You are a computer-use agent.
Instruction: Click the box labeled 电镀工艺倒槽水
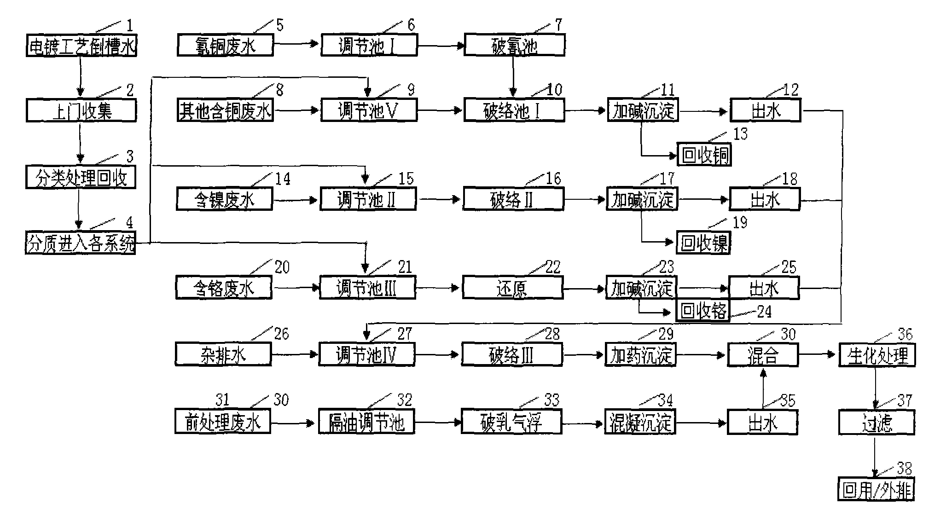(x=81, y=46)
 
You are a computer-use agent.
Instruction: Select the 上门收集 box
(x=81, y=111)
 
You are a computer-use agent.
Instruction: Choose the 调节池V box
(x=369, y=111)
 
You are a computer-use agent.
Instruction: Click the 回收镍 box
(x=703, y=243)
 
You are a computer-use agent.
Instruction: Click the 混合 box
(x=762, y=355)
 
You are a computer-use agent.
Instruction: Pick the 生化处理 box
(x=877, y=355)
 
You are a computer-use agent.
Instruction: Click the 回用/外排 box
(x=876, y=491)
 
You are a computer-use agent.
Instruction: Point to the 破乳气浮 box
(x=511, y=422)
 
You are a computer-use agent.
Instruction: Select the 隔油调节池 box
(x=366, y=422)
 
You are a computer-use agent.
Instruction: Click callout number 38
(x=904, y=469)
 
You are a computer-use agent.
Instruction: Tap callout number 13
(x=740, y=134)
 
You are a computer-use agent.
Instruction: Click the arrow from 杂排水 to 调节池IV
(x=295, y=355)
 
